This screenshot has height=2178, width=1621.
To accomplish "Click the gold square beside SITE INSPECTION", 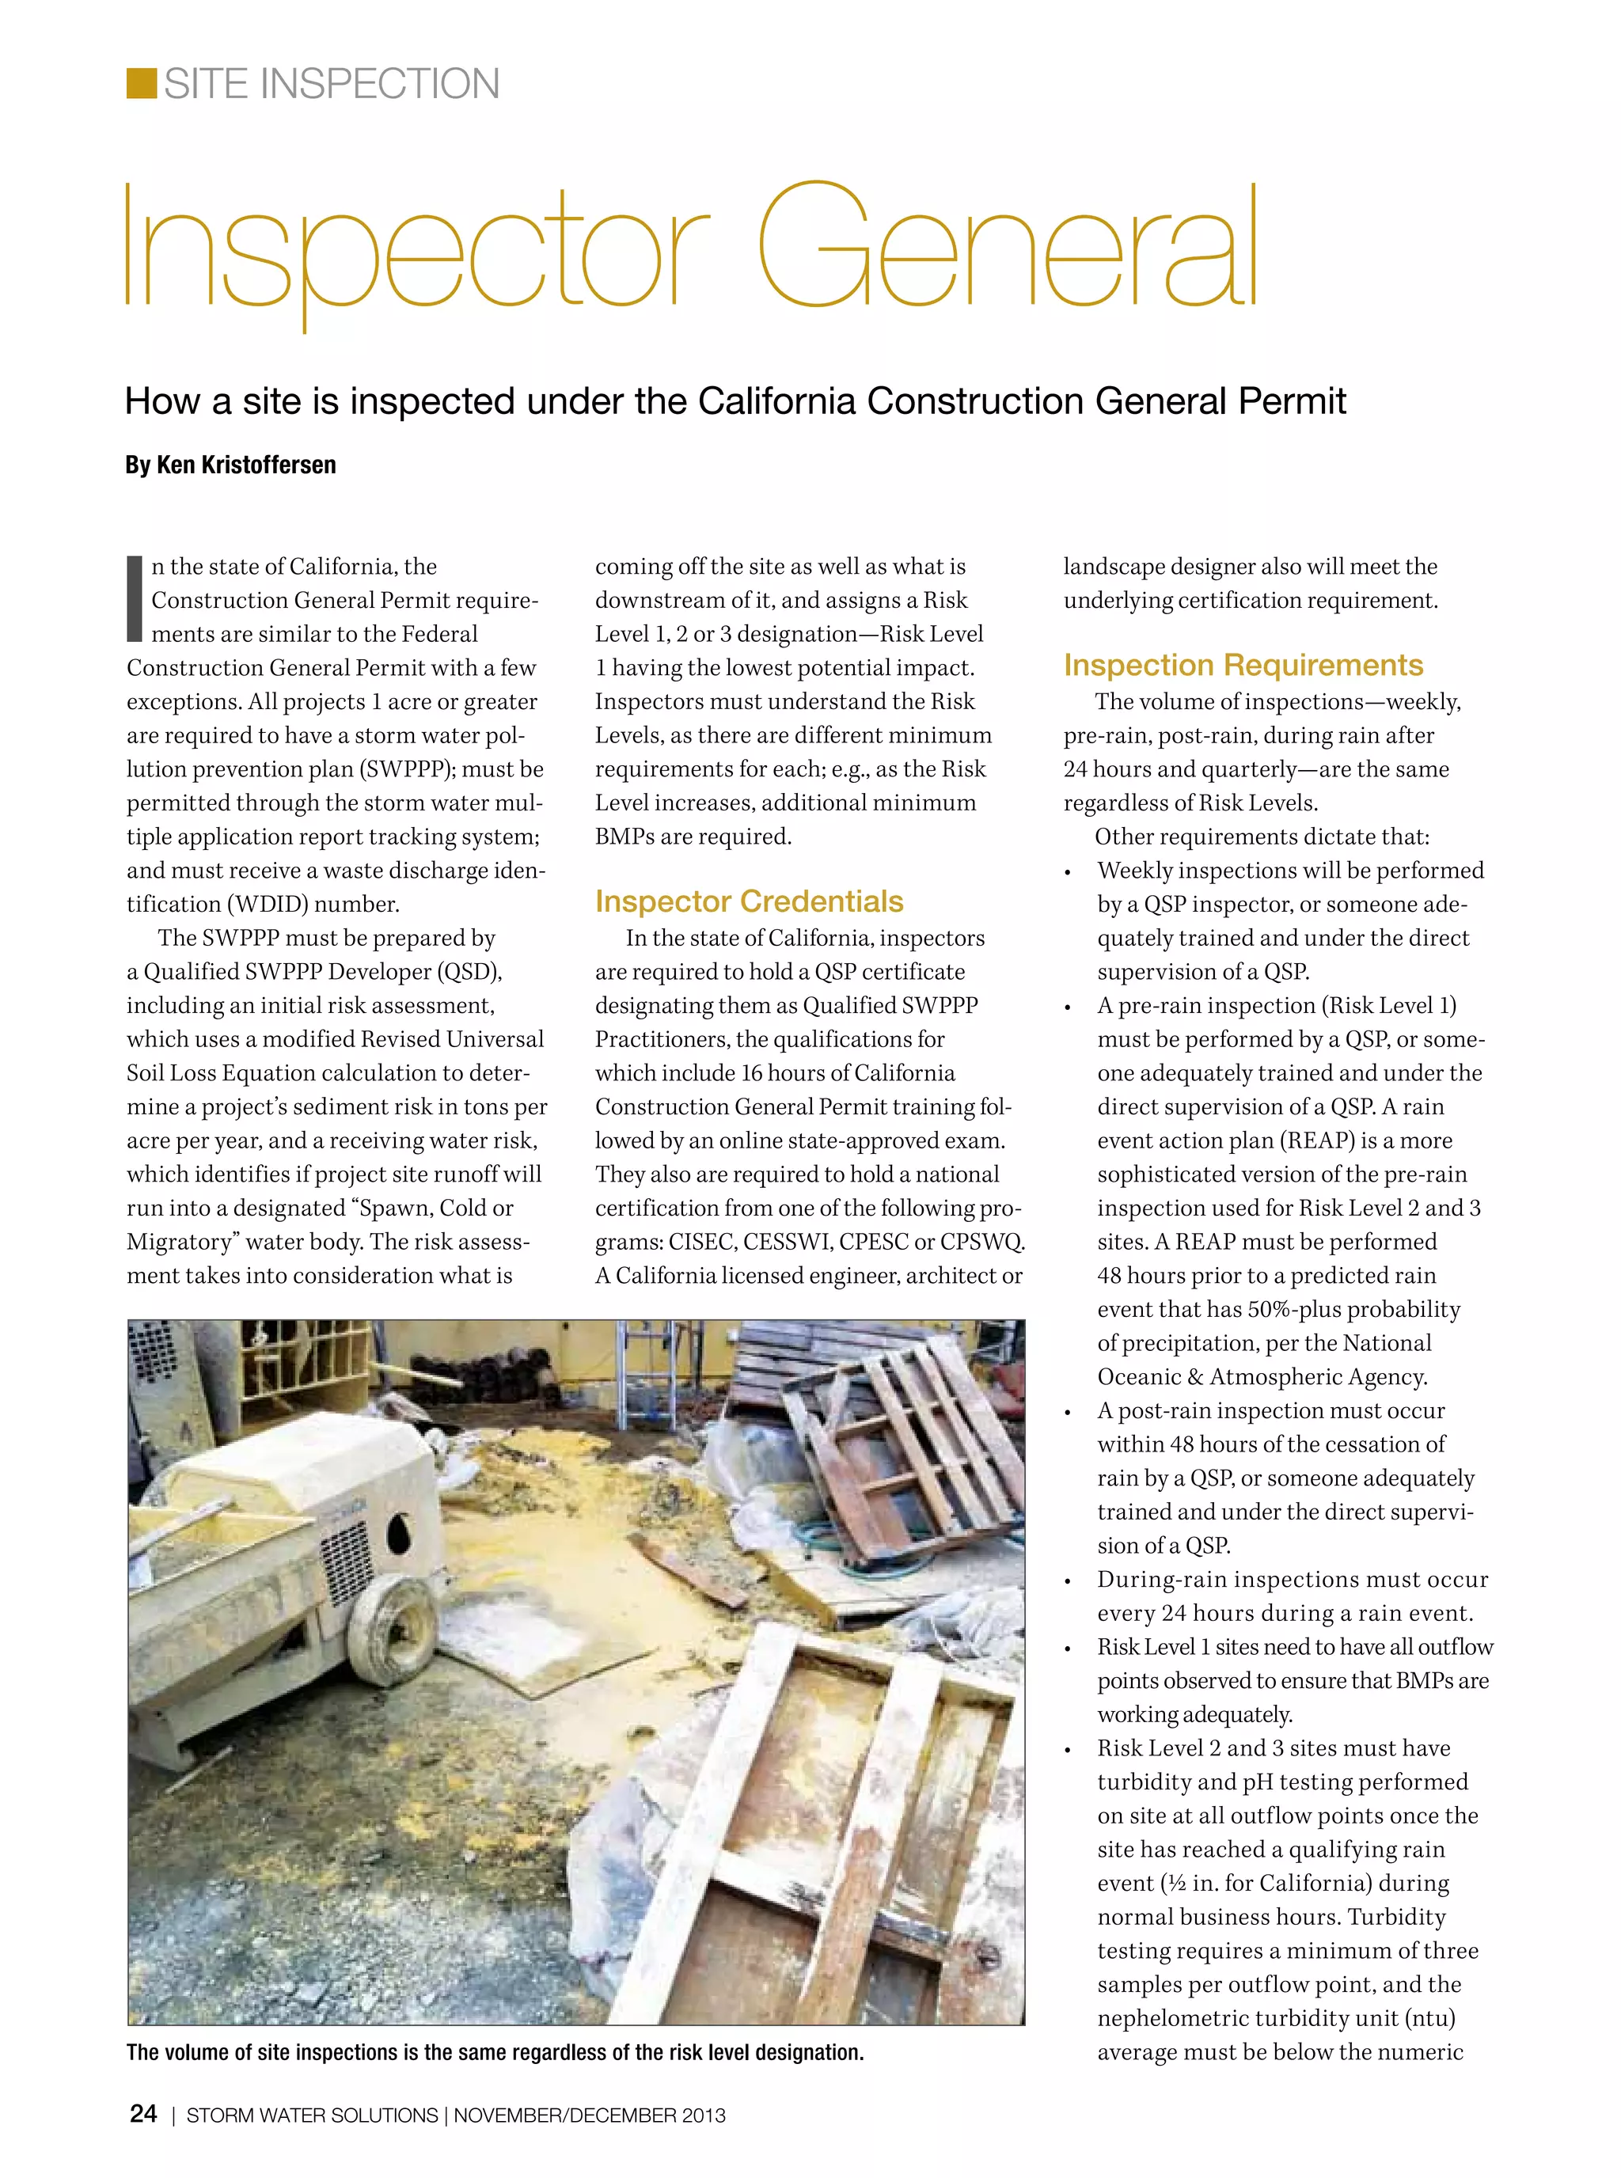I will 142,83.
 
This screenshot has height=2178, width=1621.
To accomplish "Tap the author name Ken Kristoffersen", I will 246,465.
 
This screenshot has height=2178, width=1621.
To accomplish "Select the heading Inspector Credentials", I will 749,901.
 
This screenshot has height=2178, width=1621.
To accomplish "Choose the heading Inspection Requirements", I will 1242,664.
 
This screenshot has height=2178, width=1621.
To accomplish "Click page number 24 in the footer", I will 143,2114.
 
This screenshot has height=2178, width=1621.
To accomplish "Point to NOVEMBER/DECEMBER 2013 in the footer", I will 589,2115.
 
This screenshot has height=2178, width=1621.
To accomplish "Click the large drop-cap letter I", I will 135,598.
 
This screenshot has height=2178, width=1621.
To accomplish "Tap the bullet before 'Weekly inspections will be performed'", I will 1069,872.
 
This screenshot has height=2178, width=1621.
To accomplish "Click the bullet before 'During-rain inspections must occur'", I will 1069,1580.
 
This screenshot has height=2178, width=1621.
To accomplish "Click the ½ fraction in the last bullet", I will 1175,1884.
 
